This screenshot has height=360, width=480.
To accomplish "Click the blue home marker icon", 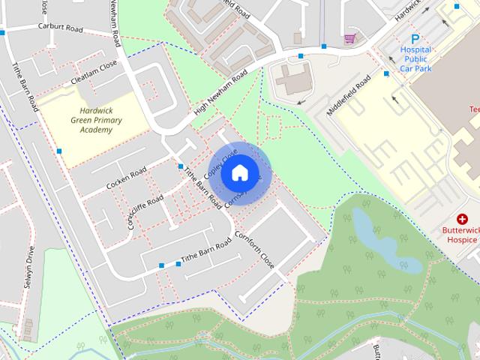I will (x=239, y=172).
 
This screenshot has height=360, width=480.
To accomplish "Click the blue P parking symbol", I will (x=415, y=39).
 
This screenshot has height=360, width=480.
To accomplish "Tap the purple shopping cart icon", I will (x=349, y=38).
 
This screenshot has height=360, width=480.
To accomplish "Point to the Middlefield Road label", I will (x=349, y=95).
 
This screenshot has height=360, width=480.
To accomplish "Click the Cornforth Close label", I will (x=254, y=250).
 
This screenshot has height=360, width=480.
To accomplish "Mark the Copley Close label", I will (x=224, y=159).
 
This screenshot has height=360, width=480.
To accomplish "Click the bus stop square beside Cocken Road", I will (x=181, y=166).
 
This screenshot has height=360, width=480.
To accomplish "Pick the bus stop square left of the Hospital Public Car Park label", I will (x=386, y=73).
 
